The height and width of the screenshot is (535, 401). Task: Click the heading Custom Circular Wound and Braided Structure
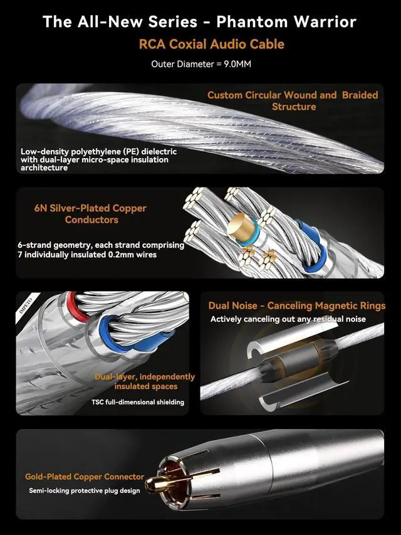tap(293, 101)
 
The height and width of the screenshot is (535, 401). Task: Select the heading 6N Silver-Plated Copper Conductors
tap(91, 214)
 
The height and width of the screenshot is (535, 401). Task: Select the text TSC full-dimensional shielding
tap(138, 402)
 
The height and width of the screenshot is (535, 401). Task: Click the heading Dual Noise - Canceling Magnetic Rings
tap(296, 306)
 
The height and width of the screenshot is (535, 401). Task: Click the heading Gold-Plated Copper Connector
tap(85, 477)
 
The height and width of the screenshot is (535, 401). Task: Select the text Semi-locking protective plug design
tap(85, 490)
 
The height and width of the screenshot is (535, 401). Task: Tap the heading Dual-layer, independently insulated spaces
tap(145, 382)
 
